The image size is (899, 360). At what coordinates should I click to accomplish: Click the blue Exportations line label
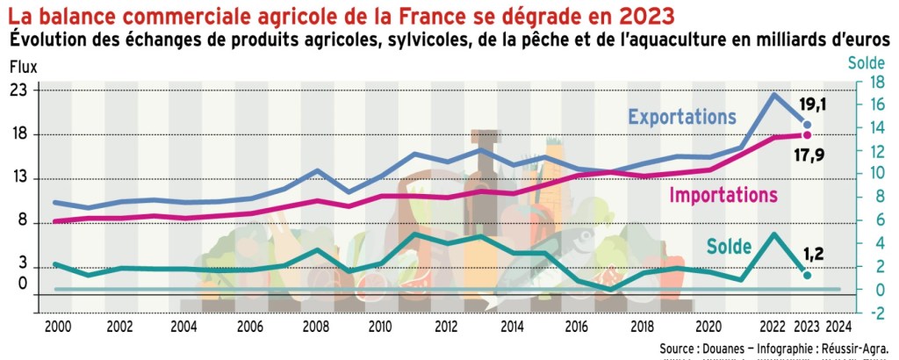681,117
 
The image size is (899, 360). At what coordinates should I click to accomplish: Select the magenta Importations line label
723,195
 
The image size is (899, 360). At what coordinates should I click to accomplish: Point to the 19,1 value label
813,105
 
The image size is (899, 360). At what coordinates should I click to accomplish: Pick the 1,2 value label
814,255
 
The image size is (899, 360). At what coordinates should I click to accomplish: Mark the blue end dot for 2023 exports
808,126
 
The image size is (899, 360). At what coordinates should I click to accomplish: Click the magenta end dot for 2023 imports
808,135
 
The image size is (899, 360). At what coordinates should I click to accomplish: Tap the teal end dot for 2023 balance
808,275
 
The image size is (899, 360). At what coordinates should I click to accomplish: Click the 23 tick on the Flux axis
18,90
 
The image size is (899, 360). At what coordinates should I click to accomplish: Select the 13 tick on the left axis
18,179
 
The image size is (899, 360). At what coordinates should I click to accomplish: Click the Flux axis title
23,66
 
